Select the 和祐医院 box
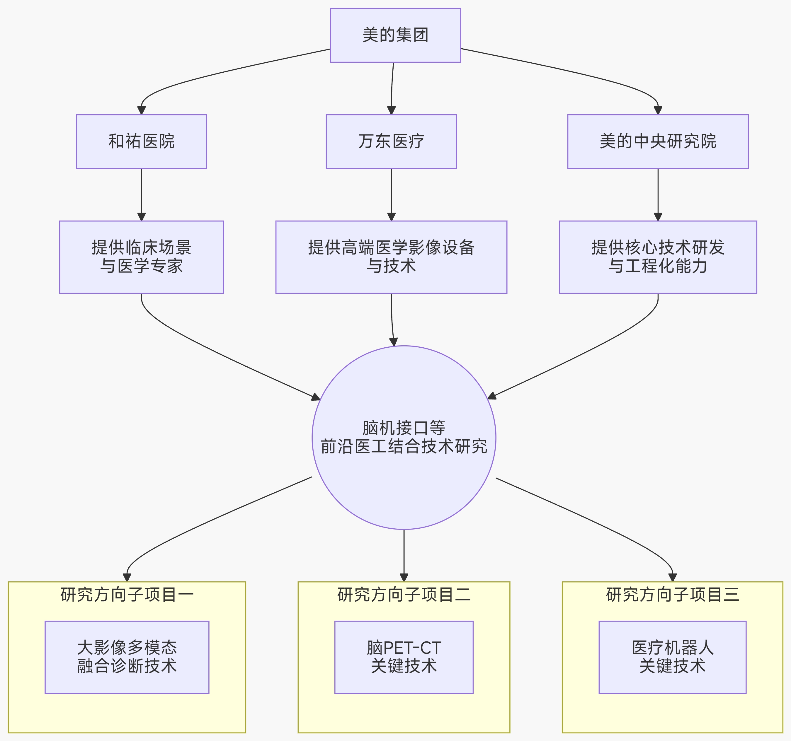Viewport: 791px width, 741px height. pyautogui.click(x=141, y=141)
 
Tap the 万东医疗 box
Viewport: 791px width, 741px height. pyautogui.click(x=391, y=141)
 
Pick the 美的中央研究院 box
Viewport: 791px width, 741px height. pyautogui.click(x=658, y=141)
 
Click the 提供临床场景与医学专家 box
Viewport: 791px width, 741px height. pyautogui.click(x=141, y=257)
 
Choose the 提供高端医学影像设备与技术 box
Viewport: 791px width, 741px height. pyautogui.click(x=391, y=257)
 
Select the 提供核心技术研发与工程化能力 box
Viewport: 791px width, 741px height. pyautogui.click(x=658, y=257)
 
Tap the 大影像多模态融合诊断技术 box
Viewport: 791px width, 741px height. pyautogui.click(x=127, y=657)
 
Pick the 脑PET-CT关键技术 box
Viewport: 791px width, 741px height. pyautogui.click(x=404, y=657)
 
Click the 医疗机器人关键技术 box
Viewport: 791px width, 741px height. pyautogui.click(x=672, y=657)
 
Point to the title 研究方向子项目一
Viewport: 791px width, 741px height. pyautogui.click(x=127, y=595)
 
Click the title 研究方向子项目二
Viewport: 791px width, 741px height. pyautogui.click(x=404, y=595)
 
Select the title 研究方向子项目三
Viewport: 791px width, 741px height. pyautogui.click(x=672, y=595)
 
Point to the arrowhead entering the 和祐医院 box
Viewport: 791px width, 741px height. pyautogui.click(x=141, y=110)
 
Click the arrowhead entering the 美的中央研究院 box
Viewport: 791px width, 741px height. pyautogui.click(x=658, y=110)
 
